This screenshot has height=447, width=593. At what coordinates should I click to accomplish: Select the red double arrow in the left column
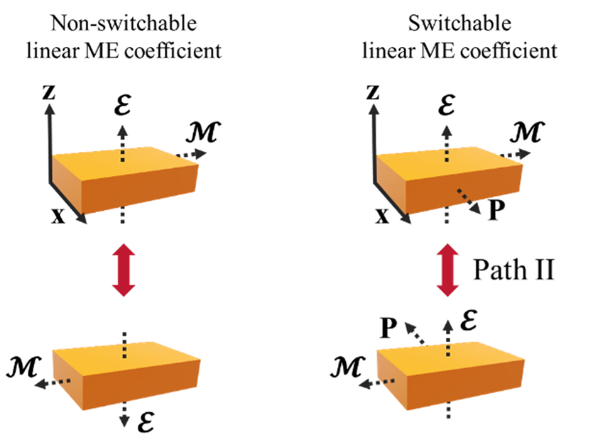[124, 270]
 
